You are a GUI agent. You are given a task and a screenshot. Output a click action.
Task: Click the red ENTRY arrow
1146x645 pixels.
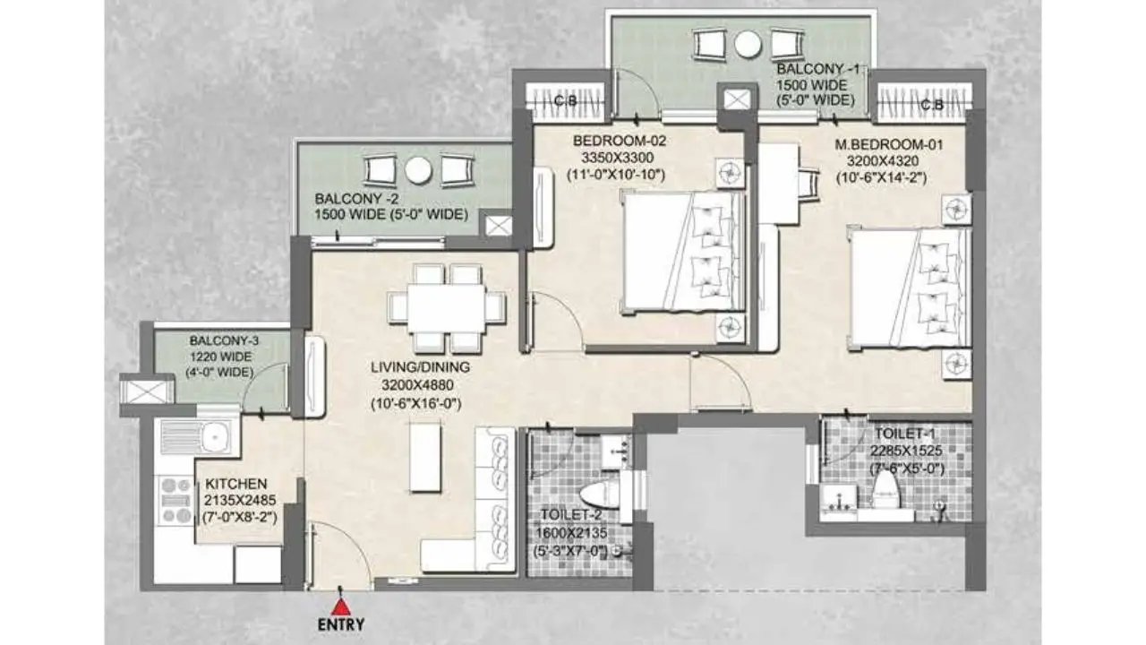click(x=341, y=606)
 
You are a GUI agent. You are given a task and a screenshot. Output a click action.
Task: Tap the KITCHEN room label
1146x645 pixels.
click(x=235, y=484)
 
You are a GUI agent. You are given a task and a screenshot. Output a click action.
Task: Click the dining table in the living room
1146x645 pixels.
click(x=446, y=309)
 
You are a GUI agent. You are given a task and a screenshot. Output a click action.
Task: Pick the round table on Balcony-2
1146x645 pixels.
click(x=418, y=171)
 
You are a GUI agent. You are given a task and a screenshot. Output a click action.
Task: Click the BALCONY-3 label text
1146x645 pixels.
click(x=224, y=340)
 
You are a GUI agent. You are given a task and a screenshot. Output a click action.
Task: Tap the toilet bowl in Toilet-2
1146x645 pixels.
click(x=600, y=495)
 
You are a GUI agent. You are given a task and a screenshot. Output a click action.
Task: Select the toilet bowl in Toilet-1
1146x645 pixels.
click(x=885, y=489)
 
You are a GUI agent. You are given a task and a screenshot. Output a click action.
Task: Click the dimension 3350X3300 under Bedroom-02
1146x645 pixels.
click(x=617, y=157)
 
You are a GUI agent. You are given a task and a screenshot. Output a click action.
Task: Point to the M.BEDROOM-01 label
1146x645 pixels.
click(x=888, y=145)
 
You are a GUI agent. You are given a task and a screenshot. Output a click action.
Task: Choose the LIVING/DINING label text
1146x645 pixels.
click(x=420, y=367)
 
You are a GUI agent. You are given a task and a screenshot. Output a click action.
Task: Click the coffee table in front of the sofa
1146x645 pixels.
click(x=424, y=457)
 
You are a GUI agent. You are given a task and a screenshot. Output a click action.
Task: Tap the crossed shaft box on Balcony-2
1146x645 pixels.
click(x=498, y=226)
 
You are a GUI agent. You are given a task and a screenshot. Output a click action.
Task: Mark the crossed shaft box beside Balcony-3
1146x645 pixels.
click(x=146, y=391)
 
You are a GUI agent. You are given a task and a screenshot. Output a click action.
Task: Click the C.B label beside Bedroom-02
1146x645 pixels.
click(x=565, y=101)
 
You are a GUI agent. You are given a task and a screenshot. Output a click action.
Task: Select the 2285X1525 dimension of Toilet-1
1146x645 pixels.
click(x=906, y=451)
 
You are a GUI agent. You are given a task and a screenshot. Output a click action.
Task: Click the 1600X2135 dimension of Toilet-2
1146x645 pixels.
click(x=571, y=533)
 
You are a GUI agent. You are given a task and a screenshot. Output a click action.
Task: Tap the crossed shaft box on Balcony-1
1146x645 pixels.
click(x=737, y=99)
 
